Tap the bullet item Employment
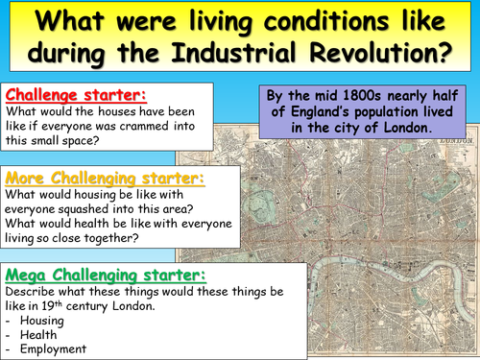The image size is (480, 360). coord(50,348)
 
